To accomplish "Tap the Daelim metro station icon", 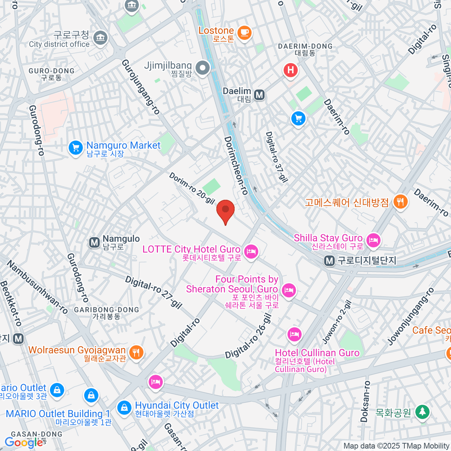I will point(259,95).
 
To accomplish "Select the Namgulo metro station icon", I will point(94,242).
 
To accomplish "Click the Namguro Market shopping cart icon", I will point(76,148).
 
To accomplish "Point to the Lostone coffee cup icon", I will point(244,33).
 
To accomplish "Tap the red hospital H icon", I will point(291,70).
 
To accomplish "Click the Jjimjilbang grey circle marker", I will point(203,68).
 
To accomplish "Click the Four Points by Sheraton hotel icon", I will point(289,290).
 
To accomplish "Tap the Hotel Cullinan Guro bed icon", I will point(294,334).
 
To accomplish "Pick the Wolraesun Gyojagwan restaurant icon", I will point(136,352).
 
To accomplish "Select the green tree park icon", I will point(423,412).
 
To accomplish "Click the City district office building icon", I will point(100,38).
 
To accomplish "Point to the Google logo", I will point(24,443).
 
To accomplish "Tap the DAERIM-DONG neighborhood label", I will point(305,49).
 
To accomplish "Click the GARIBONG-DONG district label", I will point(107,313).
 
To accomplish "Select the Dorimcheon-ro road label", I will point(236,165).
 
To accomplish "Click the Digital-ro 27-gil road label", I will point(153,292).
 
